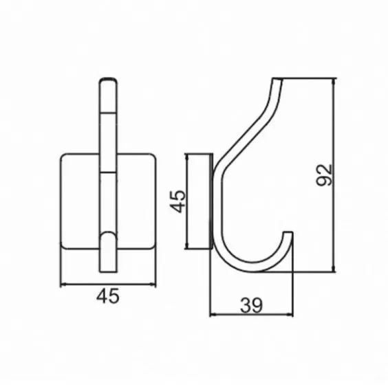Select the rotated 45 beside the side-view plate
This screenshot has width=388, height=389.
point(177,201)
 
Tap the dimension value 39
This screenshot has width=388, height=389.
point(252,305)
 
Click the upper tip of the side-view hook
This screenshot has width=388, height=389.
point(277,81)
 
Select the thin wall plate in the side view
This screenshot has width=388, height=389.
point(204,201)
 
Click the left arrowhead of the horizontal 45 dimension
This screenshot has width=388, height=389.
point(63,283)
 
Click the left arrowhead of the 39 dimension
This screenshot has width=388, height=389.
point(211,315)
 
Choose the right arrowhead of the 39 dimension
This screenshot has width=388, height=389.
point(294,315)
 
